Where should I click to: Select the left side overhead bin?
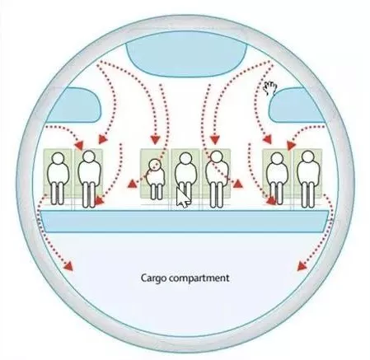click(74, 105)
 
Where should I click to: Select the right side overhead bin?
click(297, 105)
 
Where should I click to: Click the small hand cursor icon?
click(270, 88)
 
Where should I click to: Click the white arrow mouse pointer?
click(182, 198)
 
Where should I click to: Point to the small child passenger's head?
click(155, 164)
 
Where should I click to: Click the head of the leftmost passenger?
click(59, 158)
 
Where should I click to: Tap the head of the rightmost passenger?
click(307, 157)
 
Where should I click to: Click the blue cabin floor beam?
click(184, 222)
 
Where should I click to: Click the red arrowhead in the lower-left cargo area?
click(68, 266)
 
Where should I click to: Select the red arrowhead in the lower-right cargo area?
click(302, 266)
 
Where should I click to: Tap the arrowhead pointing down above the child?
click(156, 139)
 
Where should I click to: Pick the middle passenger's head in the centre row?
click(185, 158)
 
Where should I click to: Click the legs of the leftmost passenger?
click(58, 193)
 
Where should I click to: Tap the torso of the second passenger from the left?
click(89, 172)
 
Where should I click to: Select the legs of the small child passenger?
click(157, 191)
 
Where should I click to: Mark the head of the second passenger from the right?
click(277, 158)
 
